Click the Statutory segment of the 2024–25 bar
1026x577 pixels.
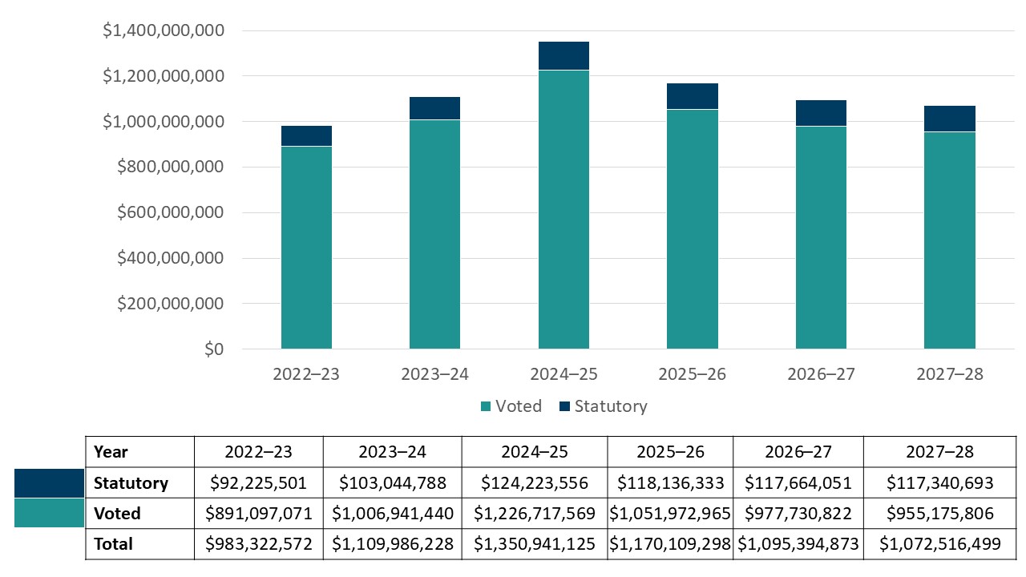(x=563, y=56)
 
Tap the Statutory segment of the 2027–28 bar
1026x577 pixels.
(x=949, y=119)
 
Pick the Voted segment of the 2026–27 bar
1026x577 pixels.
(x=821, y=237)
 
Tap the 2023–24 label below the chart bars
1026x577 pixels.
(x=434, y=374)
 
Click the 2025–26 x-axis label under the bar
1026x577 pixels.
(x=692, y=374)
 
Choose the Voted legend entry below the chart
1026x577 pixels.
(x=511, y=406)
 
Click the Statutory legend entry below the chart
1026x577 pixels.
(x=601, y=406)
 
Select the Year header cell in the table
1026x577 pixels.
(x=111, y=452)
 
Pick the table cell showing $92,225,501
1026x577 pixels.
(x=258, y=483)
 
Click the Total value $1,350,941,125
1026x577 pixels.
(x=534, y=544)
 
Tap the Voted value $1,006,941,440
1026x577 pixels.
(x=392, y=514)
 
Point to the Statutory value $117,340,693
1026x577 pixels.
(x=939, y=483)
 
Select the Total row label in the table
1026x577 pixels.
(x=113, y=544)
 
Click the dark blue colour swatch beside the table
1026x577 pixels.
(x=49, y=483)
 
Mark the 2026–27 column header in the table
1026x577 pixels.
(x=798, y=452)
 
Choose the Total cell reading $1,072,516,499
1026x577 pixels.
(x=939, y=544)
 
